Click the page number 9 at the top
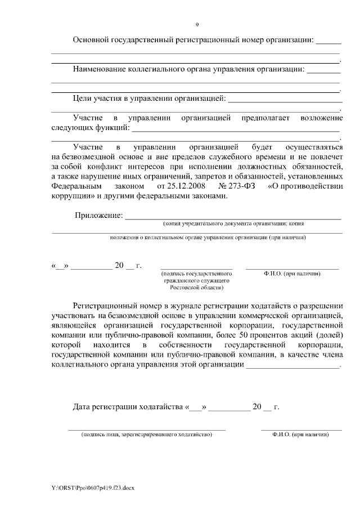(197, 25)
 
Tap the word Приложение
(99, 216)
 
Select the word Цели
(83, 100)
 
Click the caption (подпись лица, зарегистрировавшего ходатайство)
(146, 435)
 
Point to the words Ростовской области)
(196, 287)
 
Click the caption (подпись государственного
(196, 274)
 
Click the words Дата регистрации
(105, 406)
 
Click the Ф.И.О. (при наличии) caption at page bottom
(300, 435)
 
